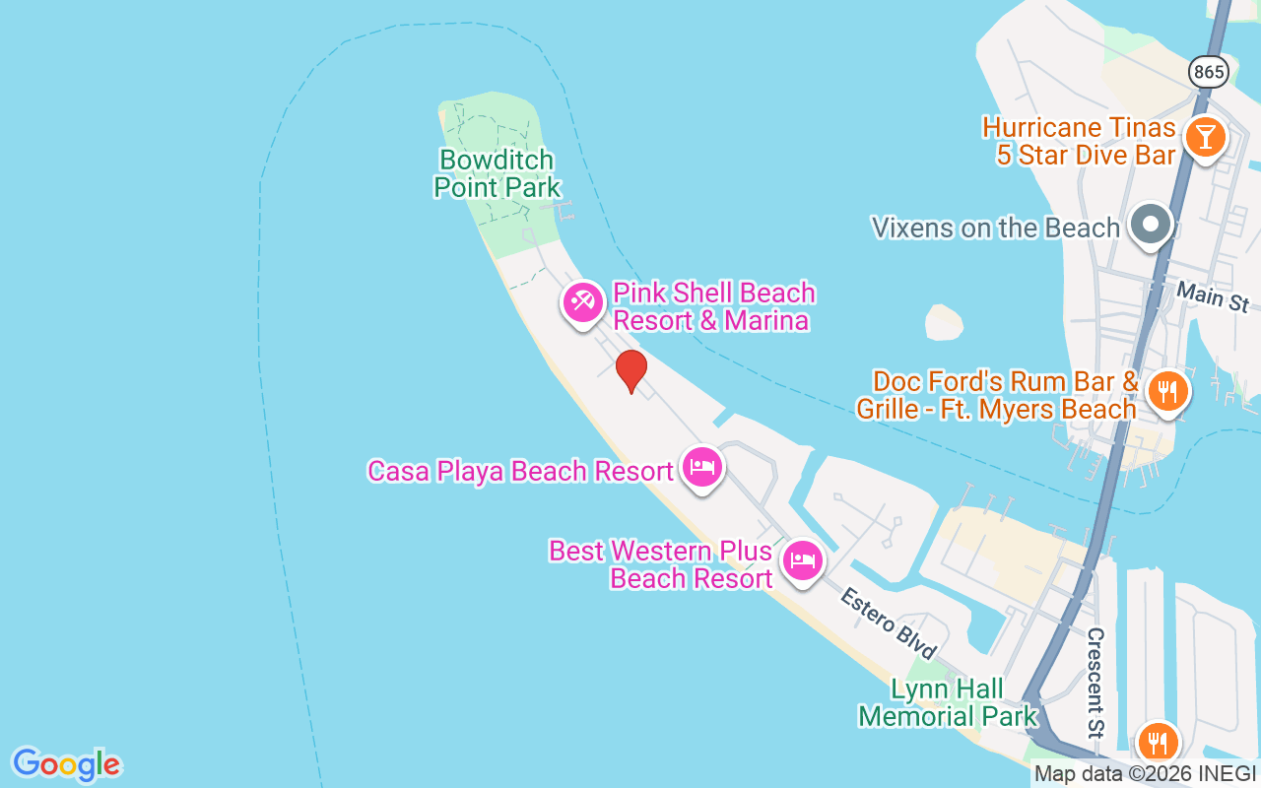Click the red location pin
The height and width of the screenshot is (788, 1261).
click(x=630, y=370)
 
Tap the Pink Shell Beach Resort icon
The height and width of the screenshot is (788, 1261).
click(x=582, y=300)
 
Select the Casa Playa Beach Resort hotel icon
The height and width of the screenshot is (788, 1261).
click(x=701, y=467)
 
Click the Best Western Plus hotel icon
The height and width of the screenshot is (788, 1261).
click(x=803, y=561)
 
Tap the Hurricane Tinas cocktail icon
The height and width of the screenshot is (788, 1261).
click(x=1204, y=136)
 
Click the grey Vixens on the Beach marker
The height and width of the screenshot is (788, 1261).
click(x=1150, y=224)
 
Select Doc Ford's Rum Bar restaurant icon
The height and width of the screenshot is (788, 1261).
click(x=1167, y=391)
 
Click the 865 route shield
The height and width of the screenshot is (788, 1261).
click(x=1208, y=71)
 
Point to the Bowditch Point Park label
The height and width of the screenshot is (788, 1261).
click(x=497, y=173)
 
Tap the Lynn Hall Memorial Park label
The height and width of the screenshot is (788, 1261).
click(x=948, y=702)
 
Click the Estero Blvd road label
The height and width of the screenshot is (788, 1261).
click(x=888, y=623)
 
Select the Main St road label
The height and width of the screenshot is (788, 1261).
click(x=1213, y=295)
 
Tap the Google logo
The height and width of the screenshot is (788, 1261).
click(x=66, y=763)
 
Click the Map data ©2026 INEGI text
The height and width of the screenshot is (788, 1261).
click(x=1145, y=774)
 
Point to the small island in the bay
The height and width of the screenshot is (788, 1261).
click(x=944, y=322)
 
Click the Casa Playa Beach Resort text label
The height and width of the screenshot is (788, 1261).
click(x=520, y=471)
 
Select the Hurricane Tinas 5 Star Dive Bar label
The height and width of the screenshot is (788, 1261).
click(x=1080, y=141)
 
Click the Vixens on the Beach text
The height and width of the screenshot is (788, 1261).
click(x=996, y=228)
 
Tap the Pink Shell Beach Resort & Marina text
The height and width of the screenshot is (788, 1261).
click(x=713, y=306)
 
